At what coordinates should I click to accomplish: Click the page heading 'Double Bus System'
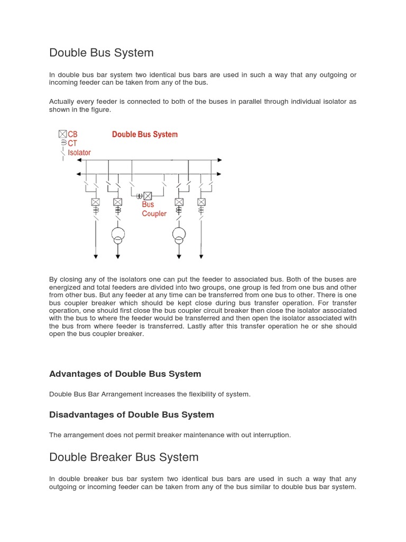tap(101, 53)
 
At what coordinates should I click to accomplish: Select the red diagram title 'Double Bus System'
tap(144, 134)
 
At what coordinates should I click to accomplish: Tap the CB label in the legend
tap(72, 134)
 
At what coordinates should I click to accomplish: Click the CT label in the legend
tap(72, 143)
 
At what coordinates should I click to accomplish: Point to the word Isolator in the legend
tap(79, 152)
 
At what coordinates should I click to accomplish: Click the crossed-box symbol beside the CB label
tap(63, 134)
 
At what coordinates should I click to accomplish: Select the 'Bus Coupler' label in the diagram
tap(154, 209)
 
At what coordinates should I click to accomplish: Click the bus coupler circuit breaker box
tap(148, 196)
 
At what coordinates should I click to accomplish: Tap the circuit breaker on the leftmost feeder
tap(96, 202)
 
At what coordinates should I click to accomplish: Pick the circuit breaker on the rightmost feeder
tap(201, 202)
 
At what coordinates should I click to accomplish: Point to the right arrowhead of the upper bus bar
tap(219, 160)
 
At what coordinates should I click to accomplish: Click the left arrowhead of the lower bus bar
tap(79, 174)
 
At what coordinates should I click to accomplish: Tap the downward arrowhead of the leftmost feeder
tap(96, 257)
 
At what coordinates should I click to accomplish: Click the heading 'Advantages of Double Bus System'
tap(125, 374)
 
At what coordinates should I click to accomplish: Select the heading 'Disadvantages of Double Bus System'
tap(131, 414)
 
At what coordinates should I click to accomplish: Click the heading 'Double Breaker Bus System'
tap(124, 457)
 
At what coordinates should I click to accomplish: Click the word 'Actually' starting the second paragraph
tap(62, 101)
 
